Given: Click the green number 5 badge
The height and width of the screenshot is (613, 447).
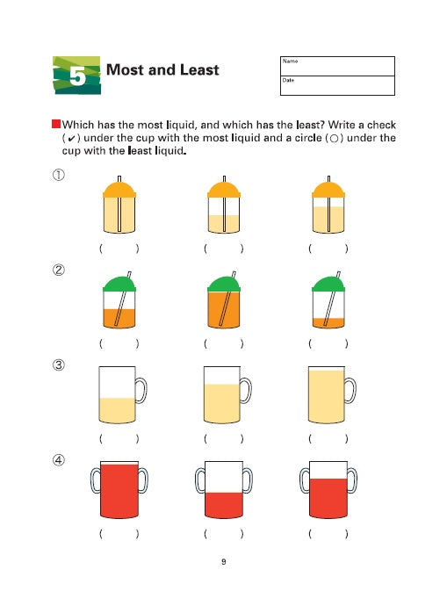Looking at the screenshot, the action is click(76, 76).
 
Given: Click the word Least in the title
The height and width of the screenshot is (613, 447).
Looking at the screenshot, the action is click(199, 70).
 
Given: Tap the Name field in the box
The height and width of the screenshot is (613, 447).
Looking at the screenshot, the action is click(337, 66).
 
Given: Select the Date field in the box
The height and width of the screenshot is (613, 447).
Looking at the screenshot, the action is click(337, 85).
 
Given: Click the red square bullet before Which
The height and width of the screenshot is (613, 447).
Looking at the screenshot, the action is click(56, 124).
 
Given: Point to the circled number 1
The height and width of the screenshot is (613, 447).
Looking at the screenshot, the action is click(59, 175).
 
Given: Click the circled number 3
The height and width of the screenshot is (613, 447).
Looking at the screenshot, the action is click(59, 365).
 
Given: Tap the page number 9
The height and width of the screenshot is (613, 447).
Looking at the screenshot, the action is click(224, 562).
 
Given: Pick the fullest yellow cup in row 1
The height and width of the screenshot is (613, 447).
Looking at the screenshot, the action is click(119, 205).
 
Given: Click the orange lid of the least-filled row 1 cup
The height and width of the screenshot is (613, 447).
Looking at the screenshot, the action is click(224, 190).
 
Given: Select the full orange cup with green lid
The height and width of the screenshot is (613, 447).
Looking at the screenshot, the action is click(224, 300).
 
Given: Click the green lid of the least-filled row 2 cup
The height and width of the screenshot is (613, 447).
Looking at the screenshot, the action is click(328, 285).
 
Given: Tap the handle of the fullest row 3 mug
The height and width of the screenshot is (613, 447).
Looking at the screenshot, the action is click(350, 390).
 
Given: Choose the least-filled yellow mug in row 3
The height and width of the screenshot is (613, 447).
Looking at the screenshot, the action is click(118, 395).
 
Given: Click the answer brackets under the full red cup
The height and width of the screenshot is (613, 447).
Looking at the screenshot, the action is click(119, 534).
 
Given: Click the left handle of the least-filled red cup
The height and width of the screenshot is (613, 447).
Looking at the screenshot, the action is click(200, 480).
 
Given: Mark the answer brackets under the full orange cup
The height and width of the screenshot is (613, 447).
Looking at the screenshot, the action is click(223, 343).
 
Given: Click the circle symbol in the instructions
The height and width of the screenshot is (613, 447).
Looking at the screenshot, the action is click(334, 139).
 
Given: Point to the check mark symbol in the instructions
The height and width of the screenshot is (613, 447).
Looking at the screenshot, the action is click(71, 139).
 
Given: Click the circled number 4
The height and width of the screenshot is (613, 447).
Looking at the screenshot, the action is click(59, 460).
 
